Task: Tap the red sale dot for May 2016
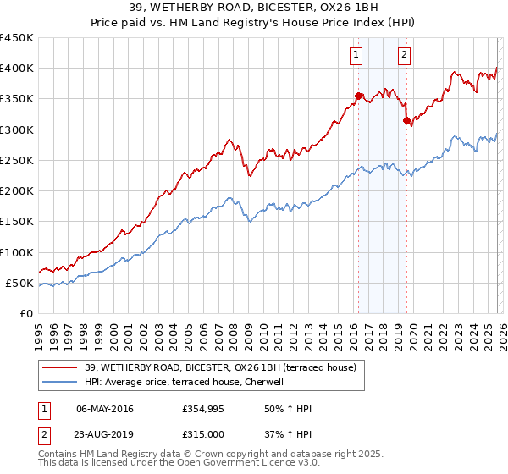358,96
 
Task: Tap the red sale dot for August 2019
406,120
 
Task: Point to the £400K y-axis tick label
17,69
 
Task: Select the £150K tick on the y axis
17,222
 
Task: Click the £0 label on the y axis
26,314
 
